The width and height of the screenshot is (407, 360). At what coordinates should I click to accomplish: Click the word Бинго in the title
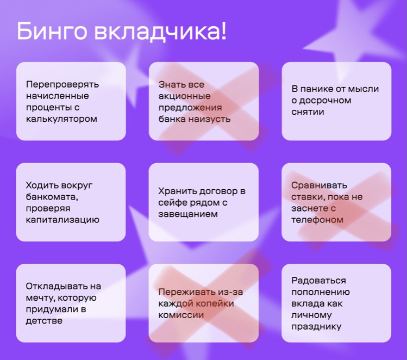click(x=52, y=30)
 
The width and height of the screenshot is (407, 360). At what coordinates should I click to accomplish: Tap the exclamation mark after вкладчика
click(x=223, y=30)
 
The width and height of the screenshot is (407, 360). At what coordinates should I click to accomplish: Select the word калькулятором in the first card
click(x=61, y=119)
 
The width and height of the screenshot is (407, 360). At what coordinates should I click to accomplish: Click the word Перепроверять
click(x=62, y=84)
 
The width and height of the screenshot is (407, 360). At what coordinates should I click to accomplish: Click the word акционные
click(x=184, y=96)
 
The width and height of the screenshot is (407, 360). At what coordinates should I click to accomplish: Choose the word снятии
click(x=308, y=112)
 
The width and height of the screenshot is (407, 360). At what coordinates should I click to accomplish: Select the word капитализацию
click(x=62, y=220)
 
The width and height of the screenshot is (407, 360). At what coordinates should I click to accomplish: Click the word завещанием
click(x=188, y=214)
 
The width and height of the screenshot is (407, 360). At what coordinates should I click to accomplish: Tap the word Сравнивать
click(x=319, y=185)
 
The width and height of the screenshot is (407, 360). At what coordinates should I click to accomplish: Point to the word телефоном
click(x=317, y=220)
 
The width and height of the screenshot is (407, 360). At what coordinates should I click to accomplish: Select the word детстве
click(x=44, y=321)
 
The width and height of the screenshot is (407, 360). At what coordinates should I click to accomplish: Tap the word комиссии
click(x=181, y=315)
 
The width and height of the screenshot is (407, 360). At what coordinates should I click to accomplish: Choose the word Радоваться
click(x=318, y=281)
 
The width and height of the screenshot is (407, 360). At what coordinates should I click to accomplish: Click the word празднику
click(x=316, y=327)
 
